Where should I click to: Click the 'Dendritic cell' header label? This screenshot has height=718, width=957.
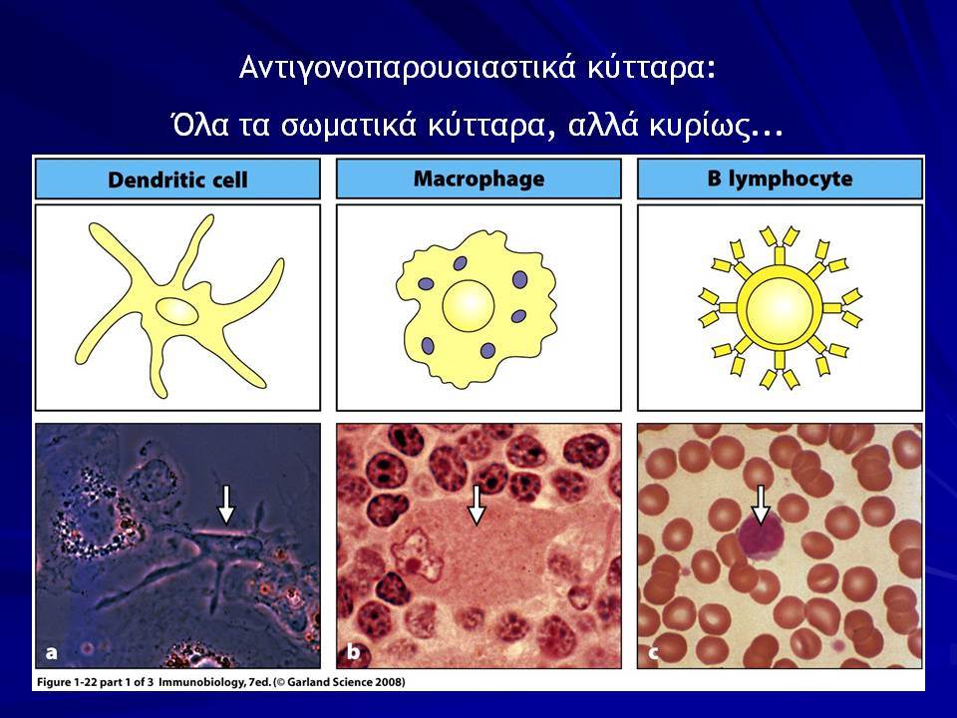[177, 179]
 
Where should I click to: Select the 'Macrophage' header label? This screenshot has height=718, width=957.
[479, 179]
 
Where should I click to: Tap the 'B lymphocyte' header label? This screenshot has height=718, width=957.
[780, 179]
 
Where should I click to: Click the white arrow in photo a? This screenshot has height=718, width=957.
[226, 505]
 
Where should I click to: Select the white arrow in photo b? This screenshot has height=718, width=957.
[477, 505]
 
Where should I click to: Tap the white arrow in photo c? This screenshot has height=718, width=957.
[760, 505]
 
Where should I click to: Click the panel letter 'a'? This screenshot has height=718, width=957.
[52, 652]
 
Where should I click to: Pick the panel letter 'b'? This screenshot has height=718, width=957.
[353, 651]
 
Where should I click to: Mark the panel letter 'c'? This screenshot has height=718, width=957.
[653, 653]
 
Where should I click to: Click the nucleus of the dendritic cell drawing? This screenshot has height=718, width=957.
[177, 311]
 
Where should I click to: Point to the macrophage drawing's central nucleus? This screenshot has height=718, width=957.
[469, 305]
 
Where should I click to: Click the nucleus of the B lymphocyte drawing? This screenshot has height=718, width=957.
[780, 307]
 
